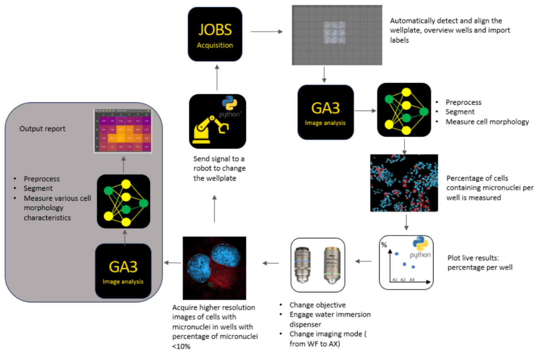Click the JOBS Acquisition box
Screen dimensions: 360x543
pos(215,34)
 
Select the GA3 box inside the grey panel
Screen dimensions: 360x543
pos(123,271)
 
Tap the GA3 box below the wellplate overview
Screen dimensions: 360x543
pos(325,112)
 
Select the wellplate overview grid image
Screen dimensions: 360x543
pos(337,35)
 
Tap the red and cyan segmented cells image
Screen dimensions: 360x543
pos(404,183)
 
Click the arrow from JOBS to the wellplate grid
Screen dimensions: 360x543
pos(266,31)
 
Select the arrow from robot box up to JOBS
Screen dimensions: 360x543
pos(217,77)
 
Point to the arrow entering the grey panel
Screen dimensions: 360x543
pos(172,263)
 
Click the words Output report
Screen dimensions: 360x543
pos(42,128)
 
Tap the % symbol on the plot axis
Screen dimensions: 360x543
pos(384,245)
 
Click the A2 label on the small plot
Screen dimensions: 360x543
pos(403,280)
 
